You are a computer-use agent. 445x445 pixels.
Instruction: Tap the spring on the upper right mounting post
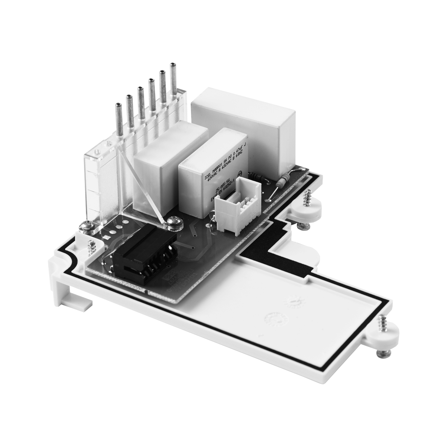click(307, 196)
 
